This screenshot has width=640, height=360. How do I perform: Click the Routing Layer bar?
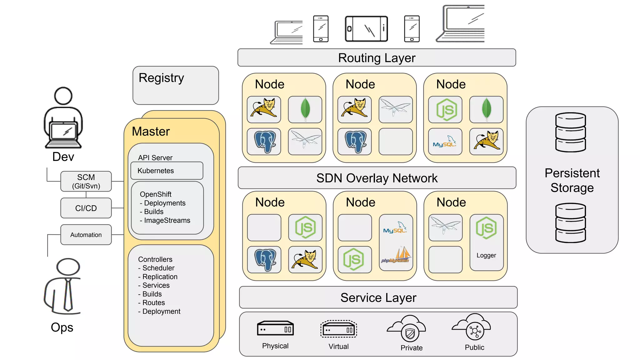coord(377,58)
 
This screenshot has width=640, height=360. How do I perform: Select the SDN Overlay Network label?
coord(377,178)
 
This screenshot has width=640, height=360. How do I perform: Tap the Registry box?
coord(175,85)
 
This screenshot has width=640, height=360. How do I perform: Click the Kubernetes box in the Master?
coord(167,171)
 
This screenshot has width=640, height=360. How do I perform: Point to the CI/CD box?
coord(86,208)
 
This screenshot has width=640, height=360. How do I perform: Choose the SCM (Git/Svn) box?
coord(86,182)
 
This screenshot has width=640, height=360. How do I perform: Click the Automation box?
coord(86,235)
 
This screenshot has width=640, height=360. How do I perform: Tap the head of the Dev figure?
coord(63,96)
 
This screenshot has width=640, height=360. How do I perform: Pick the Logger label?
coord(486,255)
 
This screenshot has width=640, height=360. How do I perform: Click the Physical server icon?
coord(275,329)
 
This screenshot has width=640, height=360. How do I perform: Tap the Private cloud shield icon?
coord(410,334)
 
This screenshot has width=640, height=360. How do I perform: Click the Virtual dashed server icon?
coord(338,329)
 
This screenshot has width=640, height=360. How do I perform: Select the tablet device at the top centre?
coord(366,29)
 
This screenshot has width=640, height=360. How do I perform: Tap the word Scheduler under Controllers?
coord(158,268)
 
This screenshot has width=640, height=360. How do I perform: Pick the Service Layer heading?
coord(378,297)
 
